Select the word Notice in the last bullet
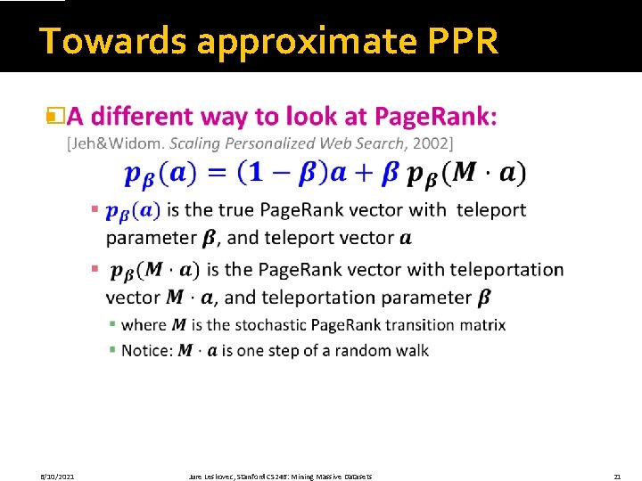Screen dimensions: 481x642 (145, 350)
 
